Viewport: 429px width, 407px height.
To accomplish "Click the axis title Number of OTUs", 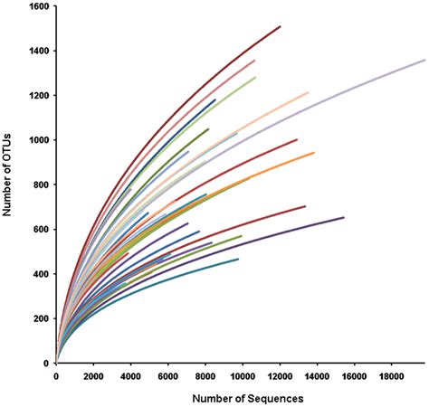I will point(8,185).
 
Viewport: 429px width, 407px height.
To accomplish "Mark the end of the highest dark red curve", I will point(280,26).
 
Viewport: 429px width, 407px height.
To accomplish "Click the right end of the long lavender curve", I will point(425,60).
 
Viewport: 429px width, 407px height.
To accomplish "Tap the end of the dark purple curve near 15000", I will point(344,217).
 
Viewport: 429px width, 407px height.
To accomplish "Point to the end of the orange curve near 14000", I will point(314,153).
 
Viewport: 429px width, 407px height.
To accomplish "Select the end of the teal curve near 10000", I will point(238,260).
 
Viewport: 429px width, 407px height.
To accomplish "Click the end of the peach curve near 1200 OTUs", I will point(308,92).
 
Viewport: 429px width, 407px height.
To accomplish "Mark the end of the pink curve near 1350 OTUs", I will point(254,61).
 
